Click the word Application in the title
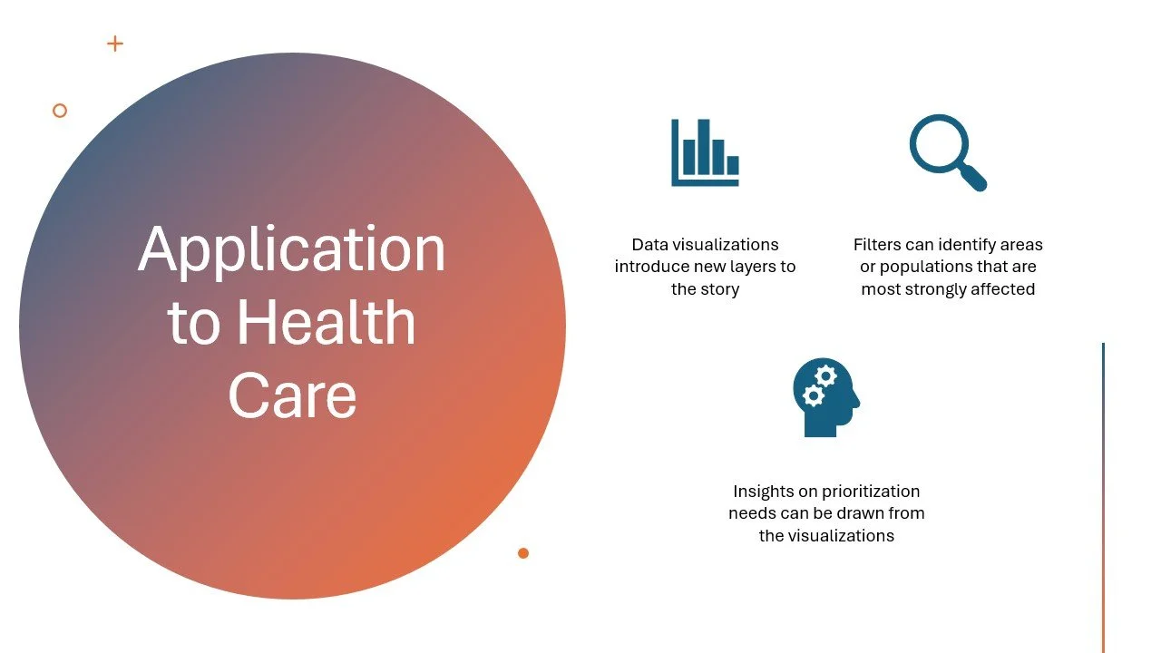point(292,250)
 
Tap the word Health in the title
point(327,322)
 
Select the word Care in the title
point(292,395)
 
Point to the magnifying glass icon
point(947,151)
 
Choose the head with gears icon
point(825,397)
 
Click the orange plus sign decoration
point(115,44)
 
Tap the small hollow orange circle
point(60,111)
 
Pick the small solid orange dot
point(523,553)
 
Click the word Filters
point(877,245)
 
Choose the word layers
point(751,268)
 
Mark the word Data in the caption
point(649,245)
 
